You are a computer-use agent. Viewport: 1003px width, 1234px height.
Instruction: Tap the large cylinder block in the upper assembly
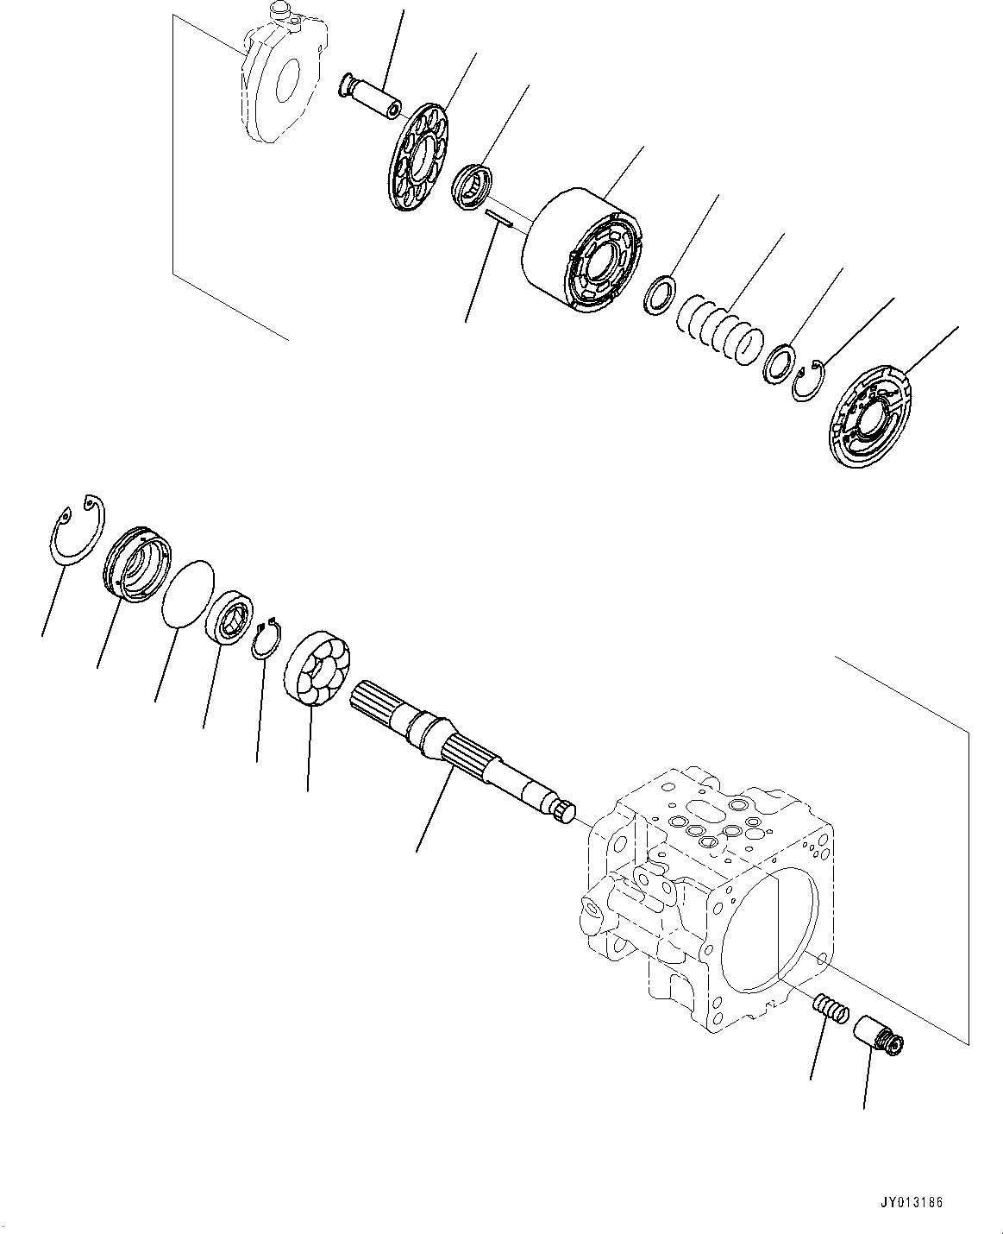583,251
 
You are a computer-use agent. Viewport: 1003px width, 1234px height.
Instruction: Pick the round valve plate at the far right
876,419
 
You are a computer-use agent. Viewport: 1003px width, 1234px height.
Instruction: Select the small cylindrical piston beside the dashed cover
370,96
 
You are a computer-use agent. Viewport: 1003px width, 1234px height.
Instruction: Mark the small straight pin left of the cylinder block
499,219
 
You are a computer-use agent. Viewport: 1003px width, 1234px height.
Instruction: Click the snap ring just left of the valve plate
808,381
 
